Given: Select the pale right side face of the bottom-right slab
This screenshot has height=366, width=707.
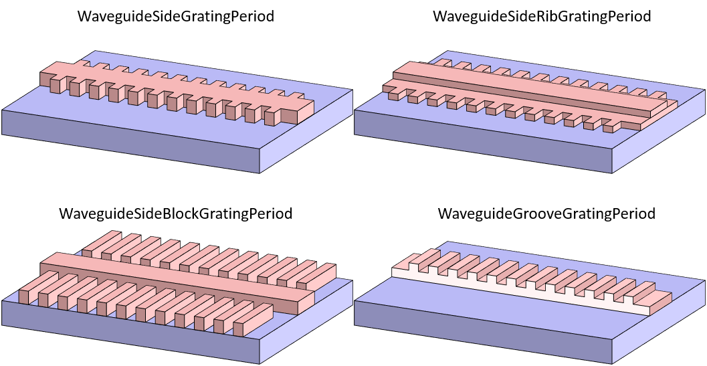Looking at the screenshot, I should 659,322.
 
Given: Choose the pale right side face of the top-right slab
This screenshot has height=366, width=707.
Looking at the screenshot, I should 659,131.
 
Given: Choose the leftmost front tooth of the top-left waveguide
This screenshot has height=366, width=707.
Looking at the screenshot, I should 55,85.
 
